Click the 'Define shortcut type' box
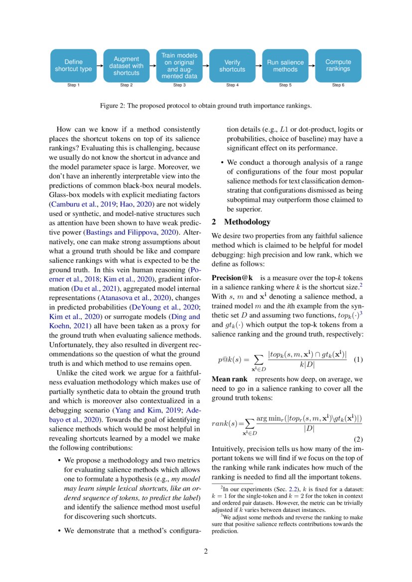[73, 66]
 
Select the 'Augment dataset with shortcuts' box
[126, 66]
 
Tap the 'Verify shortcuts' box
[232, 66]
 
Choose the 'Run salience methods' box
[285, 66]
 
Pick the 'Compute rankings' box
[338, 66]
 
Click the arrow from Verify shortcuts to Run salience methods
[259, 66]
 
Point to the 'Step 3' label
[179, 85]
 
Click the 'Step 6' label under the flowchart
[338, 85]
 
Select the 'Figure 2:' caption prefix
[114, 106]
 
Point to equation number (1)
[358, 359]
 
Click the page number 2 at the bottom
[206, 552]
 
